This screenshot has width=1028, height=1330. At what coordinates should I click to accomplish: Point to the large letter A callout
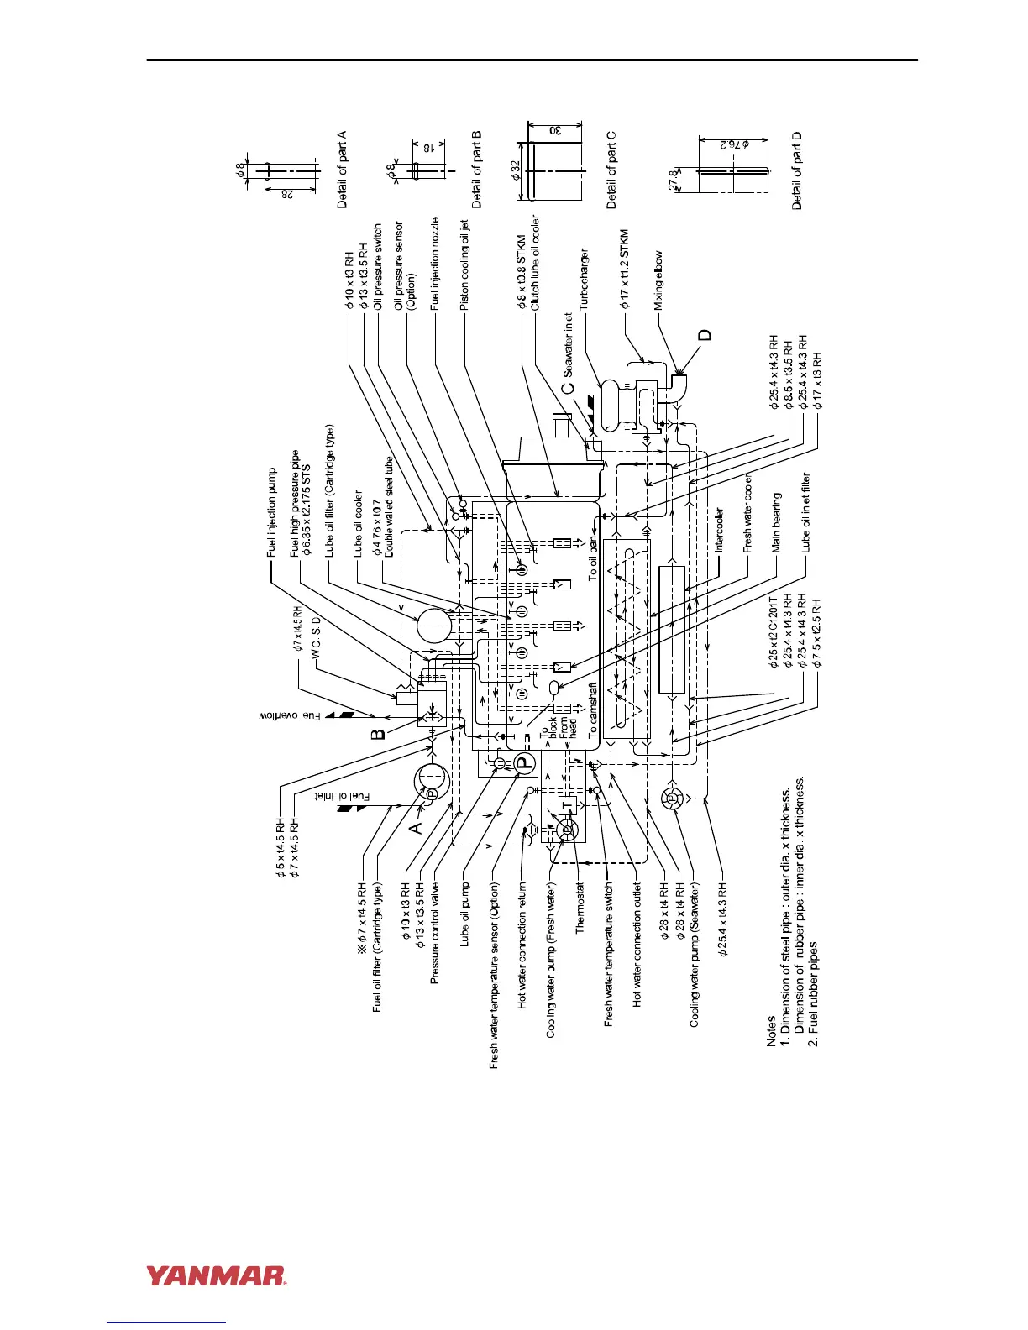[x=416, y=827]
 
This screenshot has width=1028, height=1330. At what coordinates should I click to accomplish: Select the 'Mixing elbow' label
[x=658, y=280]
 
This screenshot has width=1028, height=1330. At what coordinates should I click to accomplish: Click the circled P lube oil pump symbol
[x=524, y=764]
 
